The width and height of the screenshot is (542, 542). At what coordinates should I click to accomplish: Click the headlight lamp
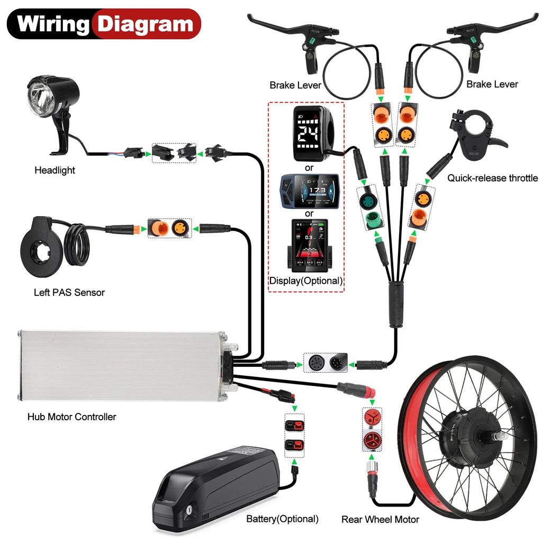click(x=51, y=98)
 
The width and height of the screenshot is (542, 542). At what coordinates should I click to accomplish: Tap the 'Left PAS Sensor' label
click(x=69, y=292)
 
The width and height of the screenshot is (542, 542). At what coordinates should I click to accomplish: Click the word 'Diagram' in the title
click(x=146, y=24)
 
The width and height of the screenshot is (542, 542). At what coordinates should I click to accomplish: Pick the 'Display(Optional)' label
click(x=306, y=281)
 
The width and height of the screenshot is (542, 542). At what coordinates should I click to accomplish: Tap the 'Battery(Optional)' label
click(x=282, y=519)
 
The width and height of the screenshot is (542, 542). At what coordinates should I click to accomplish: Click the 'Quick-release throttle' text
click(x=492, y=178)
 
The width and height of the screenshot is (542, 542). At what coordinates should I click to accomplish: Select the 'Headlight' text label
click(x=55, y=170)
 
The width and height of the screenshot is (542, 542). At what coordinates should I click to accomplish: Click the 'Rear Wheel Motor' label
click(x=380, y=519)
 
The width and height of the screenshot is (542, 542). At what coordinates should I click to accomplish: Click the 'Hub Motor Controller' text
click(x=71, y=417)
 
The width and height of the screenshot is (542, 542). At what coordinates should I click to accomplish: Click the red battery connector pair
click(x=294, y=435)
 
